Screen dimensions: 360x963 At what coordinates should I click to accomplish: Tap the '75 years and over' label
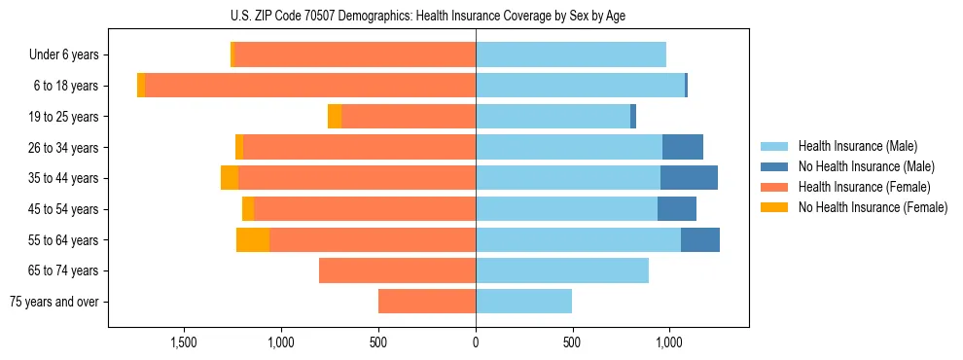click(54, 302)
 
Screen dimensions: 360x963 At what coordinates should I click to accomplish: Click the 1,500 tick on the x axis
click(184, 342)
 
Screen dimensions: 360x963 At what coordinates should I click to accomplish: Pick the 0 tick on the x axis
click(476, 342)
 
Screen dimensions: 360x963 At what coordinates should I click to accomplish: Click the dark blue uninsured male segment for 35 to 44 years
click(689, 178)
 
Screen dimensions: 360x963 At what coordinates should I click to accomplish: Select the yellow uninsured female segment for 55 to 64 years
click(253, 240)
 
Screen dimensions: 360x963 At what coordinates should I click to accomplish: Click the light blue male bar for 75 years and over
click(523, 302)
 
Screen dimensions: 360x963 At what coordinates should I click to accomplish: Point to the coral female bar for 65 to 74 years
click(397, 270)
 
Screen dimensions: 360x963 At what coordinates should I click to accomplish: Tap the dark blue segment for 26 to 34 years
click(682, 148)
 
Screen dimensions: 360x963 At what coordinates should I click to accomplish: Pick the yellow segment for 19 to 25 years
click(335, 117)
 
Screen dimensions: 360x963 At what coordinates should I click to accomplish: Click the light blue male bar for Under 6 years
click(571, 55)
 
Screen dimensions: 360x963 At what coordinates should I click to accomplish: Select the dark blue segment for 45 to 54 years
click(677, 209)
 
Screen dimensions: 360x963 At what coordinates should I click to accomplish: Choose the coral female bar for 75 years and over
click(427, 302)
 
